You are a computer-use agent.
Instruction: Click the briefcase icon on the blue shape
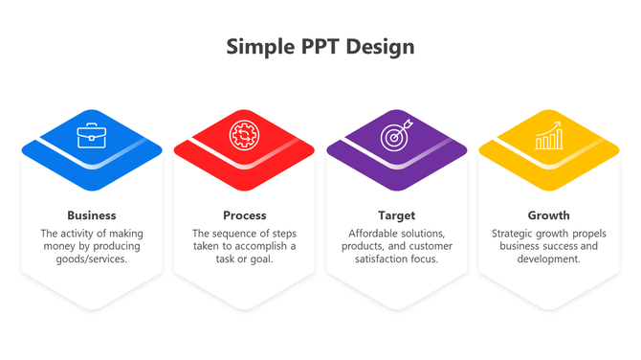92,136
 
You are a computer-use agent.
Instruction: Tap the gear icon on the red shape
244,135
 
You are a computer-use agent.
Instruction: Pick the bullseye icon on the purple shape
396,136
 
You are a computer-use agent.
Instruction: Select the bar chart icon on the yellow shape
548,136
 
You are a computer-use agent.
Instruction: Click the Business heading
92,215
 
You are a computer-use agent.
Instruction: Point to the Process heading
244,215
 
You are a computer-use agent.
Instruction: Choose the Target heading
396,215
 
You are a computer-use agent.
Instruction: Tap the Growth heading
548,215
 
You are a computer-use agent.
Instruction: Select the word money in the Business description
59,246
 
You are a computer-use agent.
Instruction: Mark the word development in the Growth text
548,259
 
